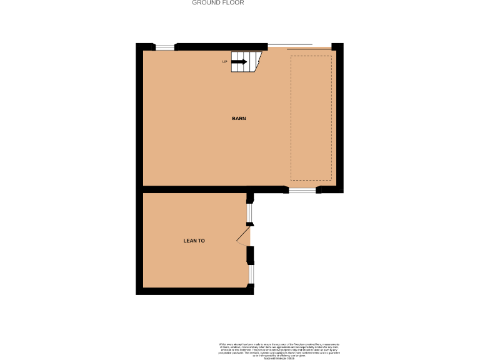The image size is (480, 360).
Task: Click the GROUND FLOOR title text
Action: pyautogui.click(x=217, y=3)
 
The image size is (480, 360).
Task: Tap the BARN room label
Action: pyautogui.click(x=239, y=118)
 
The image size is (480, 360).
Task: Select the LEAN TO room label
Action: pyautogui.click(x=194, y=241)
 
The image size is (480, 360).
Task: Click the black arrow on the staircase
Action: pyautogui.click(x=239, y=61)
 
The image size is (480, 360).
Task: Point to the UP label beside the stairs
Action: pyautogui.click(x=225, y=62)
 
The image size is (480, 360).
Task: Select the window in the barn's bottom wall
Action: pyautogui.click(x=302, y=189)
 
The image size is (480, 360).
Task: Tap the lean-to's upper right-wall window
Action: pyautogui.click(x=249, y=214)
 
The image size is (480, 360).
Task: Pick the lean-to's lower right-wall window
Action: pyautogui.click(x=251, y=274)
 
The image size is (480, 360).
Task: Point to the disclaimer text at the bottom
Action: pyautogui.click(x=279, y=351)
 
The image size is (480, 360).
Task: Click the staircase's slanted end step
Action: pyautogui.click(x=256, y=59)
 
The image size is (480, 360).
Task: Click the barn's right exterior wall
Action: pyautogui.click(x=340, y=119)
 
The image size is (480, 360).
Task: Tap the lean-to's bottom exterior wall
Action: pyautogui.click(x=194, y=291)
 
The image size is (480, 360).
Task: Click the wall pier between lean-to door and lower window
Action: pyautogui.click(x=251, y=255)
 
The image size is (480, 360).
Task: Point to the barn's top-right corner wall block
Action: pyautogui.click(x=338, y=47)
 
